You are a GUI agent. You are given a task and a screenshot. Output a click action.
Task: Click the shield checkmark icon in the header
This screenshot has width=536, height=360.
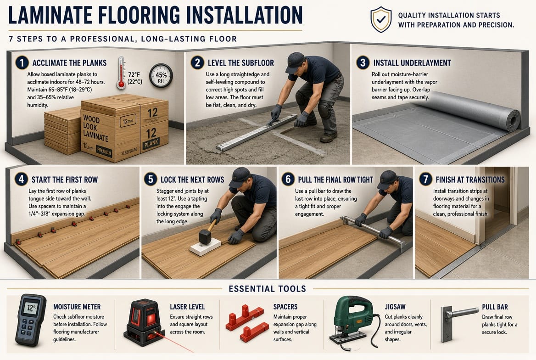(381, 19)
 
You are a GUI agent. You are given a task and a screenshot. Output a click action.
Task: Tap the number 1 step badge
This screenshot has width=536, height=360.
(22, 62)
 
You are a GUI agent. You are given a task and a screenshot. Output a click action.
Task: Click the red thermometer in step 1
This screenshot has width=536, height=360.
(121, 73)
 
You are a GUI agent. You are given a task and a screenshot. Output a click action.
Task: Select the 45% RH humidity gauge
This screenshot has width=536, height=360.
(161, 76)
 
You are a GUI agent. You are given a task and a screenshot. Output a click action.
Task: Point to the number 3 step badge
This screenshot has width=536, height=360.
(363, 62)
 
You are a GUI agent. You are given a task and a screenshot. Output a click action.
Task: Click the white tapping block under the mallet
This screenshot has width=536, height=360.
(206, 247)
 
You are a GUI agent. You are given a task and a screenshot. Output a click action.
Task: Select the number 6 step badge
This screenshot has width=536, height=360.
(288, 180)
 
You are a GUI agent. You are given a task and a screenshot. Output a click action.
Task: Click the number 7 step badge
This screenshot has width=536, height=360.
(425, 180)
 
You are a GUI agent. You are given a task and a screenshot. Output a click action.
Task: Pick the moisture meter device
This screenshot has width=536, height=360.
(30, 320)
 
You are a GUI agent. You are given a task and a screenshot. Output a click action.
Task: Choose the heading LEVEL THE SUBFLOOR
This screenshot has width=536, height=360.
(240, 63)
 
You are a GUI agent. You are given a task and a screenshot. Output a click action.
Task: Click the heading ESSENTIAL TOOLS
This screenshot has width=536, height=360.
(268, 289)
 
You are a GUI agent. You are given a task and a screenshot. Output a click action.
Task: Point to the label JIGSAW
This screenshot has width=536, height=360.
(395, 307)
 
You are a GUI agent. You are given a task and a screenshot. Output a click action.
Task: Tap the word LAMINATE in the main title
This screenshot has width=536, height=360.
(50, 15)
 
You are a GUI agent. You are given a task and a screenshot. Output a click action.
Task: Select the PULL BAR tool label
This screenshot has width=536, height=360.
(495, 307)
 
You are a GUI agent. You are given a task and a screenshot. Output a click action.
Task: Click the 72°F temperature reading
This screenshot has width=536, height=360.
(134, 74)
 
